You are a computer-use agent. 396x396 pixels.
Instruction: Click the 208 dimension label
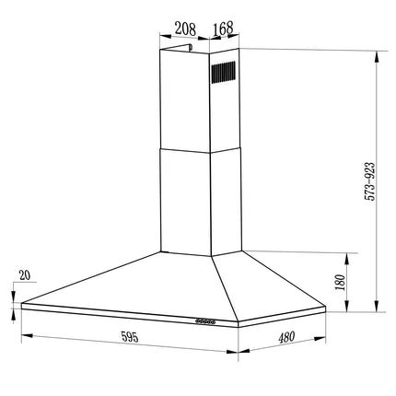(185, 29)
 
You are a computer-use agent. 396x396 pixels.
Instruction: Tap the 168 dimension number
(223, 29)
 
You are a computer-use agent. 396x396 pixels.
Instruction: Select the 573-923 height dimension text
(370, 181)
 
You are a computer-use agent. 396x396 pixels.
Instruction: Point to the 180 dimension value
(341, 282)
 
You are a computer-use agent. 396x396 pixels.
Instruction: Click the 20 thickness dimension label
(25, 275)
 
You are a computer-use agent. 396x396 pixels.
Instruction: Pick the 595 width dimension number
(130, 337)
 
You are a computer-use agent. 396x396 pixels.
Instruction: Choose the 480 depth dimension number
(286, 337)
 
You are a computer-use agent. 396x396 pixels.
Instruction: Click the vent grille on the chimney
(223, 72)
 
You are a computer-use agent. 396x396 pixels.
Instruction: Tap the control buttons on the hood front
(205, 321)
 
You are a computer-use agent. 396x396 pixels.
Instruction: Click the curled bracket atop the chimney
(177, 47)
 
